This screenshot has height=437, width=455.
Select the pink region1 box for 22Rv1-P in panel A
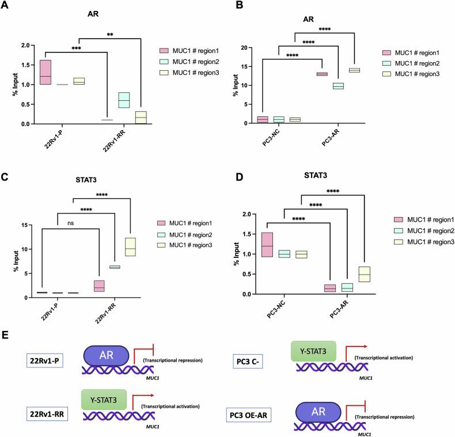coord(45,72)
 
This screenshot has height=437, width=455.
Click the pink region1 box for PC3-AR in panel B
coord(321,74)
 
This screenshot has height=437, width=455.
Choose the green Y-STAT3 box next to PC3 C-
coord(314,349)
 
